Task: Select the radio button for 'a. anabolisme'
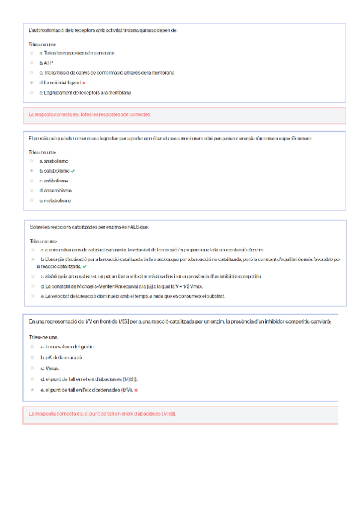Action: pos(32,161)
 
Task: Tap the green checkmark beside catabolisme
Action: pos(73,171)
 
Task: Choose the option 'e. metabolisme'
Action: pos(55,200)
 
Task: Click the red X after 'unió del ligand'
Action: pos(84,82)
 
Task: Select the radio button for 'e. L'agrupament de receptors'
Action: pos(32,93)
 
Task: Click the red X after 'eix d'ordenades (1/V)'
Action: pos(136,390)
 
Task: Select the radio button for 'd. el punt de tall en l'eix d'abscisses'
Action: pos(32,379)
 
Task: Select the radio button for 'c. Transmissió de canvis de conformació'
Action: pos(32,73)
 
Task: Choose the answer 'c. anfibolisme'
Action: pos(54,180)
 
